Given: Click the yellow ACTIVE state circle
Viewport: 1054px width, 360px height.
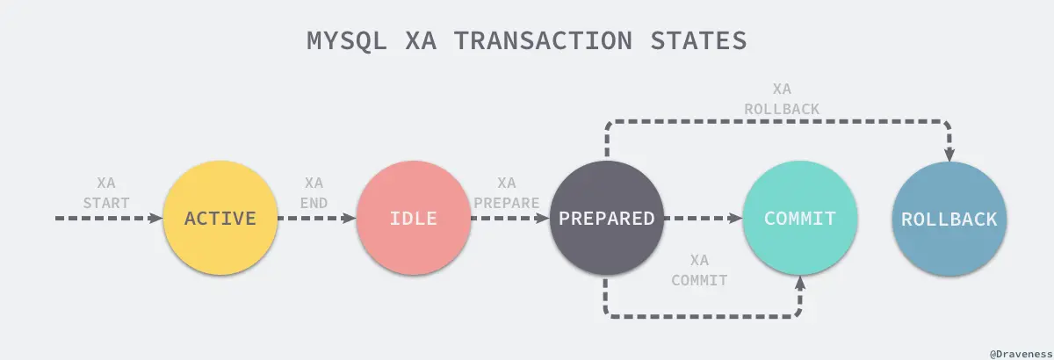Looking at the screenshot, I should click(x=220, y=219).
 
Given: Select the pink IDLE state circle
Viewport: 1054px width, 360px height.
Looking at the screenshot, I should click(x=413, y=219).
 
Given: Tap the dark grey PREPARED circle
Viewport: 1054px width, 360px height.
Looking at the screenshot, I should click(x=605, y=219).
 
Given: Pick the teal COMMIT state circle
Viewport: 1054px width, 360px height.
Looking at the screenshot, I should click(x=799, y=219).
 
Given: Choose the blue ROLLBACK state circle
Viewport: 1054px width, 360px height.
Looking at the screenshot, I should click(x=949, y=219).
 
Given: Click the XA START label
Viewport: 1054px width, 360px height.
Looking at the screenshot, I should click(x=106, y=193).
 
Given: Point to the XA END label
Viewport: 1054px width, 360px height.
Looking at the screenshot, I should click(x=314, y=193).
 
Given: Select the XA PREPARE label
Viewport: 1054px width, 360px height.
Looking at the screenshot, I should click(x=506, y=193).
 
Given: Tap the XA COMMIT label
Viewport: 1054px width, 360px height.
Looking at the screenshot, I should click(x=699, y=270).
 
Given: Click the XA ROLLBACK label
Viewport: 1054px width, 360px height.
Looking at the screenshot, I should click(x=781, y=99).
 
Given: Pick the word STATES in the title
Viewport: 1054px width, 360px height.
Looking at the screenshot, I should click(x=703, y=40).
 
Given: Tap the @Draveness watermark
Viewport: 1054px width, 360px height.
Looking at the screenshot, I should click(x=1020, y=352).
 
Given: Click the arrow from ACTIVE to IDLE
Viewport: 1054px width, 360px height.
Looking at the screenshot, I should click(x=316, y=219).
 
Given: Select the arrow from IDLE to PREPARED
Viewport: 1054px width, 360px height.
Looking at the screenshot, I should click(x=509, y=219).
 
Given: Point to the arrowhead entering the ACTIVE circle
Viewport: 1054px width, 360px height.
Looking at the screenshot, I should click(x=158, y=219).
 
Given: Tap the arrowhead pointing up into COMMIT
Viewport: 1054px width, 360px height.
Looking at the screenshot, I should click(x=799, y=283).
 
